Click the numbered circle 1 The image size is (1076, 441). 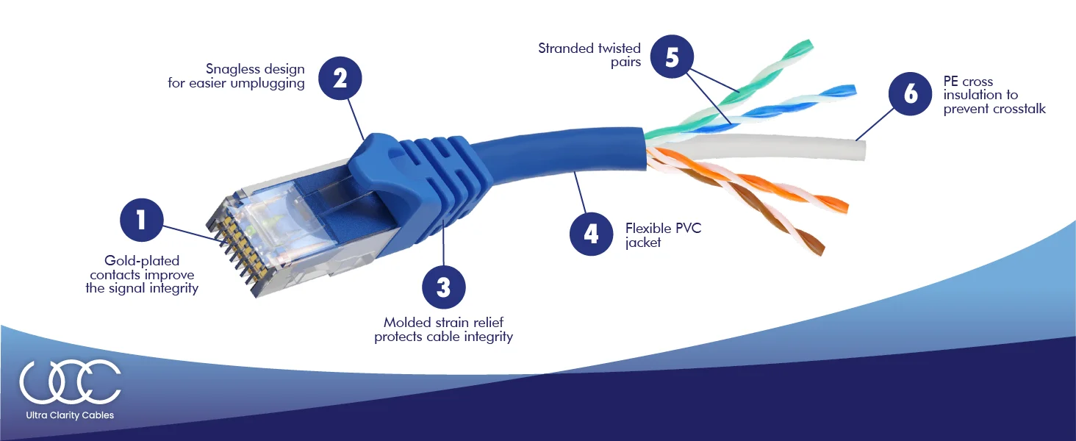coord(141,220)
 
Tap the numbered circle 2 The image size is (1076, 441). coord(340,79)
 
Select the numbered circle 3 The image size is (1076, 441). coord(443,287)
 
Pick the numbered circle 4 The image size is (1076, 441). coord(592,234)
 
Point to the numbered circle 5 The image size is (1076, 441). coord(672,57)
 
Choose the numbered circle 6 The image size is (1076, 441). coord(910,94)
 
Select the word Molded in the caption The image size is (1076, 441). coord(406,323)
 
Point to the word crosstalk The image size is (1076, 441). coord(1019,109)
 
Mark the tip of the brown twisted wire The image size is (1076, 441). coord(819,248)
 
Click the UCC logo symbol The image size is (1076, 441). coord(70,381)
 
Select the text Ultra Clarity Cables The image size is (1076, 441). coord(70,415)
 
